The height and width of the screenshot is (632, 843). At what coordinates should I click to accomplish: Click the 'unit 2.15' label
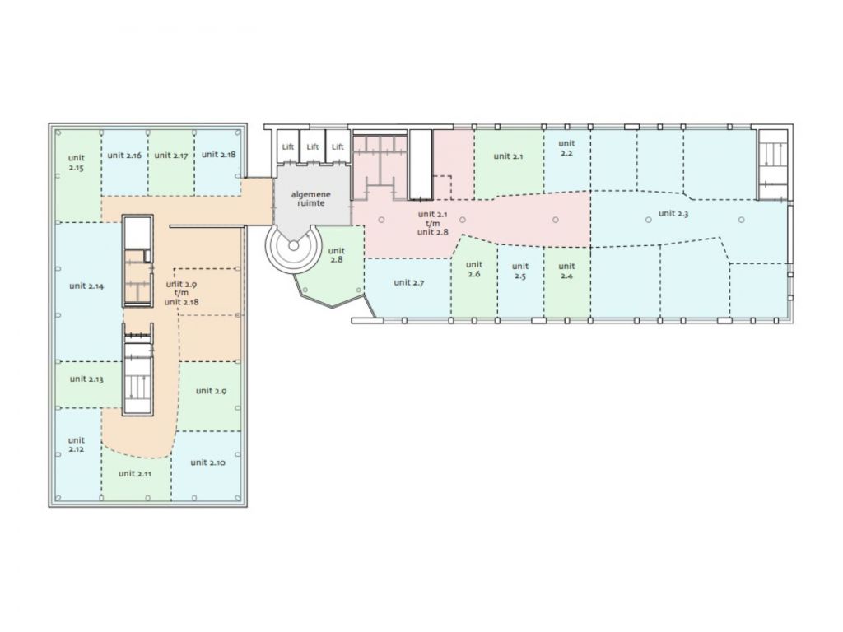click(x=77, y=162)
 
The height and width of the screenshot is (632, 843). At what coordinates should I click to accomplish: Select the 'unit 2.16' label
click(x=124, y=156)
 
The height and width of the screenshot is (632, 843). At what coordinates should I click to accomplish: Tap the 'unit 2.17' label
click(x=171, y=156)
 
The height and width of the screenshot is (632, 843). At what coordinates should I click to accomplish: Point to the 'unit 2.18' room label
click(x=218, y=154)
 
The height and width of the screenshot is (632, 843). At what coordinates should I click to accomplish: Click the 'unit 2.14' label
click(x=86, y=286)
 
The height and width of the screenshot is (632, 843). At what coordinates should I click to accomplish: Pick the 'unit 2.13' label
click(x=86, y=379)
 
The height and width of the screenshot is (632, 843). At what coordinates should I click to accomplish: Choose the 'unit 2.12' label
click(x=77, y=444)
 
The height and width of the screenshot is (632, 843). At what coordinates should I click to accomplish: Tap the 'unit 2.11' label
click(x=134, y=473)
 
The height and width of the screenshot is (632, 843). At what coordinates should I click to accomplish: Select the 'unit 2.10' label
click(x=207, y=462)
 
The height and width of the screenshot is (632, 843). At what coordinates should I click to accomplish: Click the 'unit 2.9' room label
click(x=211, y=391)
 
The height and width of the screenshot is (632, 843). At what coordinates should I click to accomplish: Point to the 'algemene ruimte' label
click(x=310, y=198)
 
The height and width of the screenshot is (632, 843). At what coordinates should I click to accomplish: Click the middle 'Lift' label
click(x=313, y=146)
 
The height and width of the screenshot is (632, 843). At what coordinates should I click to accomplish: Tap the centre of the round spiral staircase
click(x=293, y=245)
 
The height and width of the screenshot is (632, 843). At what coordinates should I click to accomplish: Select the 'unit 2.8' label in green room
click(x=336, y=255)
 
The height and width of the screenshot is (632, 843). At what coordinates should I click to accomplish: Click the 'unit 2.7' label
click(x=408, y=282)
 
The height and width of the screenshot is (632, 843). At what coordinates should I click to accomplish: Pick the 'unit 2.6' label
click(x=473, y=269)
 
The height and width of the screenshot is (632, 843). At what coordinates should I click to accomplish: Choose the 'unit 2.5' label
click(x=520, y=271)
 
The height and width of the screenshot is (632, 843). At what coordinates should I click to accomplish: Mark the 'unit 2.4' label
click(x=566, y=271)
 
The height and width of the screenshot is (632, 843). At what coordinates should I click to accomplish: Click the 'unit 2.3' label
click(x=673, y=213)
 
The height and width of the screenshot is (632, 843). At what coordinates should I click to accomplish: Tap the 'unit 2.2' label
click(x=566, y=148)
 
